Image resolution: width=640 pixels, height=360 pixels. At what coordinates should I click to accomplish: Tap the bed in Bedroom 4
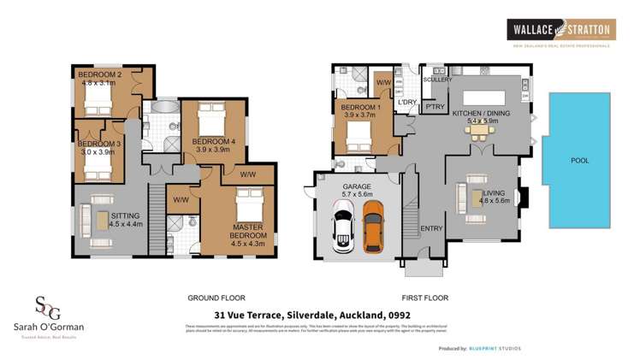[208, 119]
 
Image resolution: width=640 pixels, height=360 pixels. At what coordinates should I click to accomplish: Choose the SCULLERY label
[436, 80]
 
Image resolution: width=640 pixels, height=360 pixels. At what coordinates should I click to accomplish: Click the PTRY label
[433, 107]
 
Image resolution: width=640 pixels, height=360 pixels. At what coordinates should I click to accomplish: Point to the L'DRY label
[406, 103]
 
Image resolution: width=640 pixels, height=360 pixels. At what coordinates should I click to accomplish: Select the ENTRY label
[430, 228]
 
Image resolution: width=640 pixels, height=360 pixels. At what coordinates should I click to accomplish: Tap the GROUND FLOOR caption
[216, 298]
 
